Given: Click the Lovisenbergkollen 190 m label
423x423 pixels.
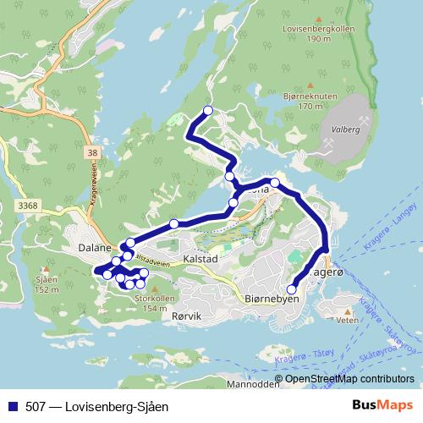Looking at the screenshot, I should [319, 33].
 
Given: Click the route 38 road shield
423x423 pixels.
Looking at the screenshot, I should [92, 152].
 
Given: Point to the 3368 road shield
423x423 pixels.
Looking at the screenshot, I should [28, 205].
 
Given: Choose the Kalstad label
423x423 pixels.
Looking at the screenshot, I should [201, 257].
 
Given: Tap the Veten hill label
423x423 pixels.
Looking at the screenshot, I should [348, 321].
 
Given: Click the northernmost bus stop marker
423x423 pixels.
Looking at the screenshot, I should [207, 110].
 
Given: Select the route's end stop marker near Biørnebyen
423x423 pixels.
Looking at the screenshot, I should [292, 288].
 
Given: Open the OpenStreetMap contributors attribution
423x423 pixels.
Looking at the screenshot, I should [349, 379].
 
